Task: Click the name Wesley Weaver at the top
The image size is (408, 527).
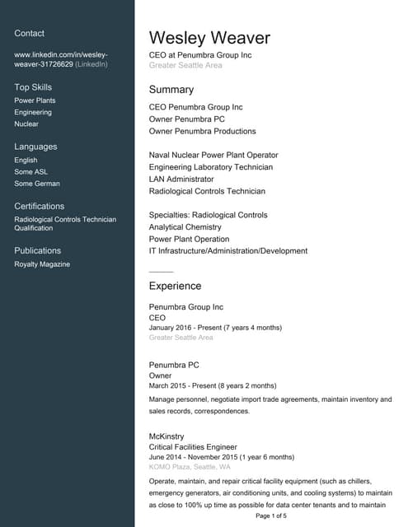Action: coord(209,38)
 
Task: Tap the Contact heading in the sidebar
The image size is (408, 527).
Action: coord(30,33)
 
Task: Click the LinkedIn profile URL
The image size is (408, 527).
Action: coord(61,58)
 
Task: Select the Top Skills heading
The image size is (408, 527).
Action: coord(33,86)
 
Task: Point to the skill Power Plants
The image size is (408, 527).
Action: coord(35,100)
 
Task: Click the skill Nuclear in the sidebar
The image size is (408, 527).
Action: coord(26,124)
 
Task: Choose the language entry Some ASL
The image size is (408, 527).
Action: coord(31,171)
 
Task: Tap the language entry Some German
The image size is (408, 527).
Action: coord(37,184)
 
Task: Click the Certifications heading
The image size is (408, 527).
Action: coord(40,206)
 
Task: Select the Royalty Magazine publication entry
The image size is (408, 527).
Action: coord(42,264)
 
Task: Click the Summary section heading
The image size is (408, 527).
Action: coord(171,89)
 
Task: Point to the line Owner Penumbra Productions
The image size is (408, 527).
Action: coord(202,131)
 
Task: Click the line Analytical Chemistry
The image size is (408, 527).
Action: coord(185,226)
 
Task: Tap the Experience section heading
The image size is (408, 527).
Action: coord(175,286)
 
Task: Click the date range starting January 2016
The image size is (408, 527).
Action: coord(215,327)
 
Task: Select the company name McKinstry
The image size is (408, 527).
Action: coord(166,436)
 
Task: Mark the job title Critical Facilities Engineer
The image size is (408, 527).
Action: coord(199,447)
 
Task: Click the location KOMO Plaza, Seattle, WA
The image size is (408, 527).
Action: coord(190,467)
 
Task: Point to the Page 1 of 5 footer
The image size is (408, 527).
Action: coord(271,516)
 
